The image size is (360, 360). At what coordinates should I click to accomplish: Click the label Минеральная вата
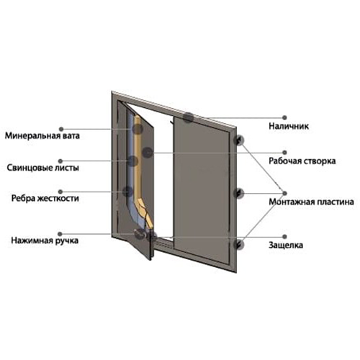42,136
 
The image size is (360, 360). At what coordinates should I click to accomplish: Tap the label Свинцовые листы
42,168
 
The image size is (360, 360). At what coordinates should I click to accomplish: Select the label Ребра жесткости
45,199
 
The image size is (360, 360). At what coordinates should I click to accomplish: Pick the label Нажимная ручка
45,240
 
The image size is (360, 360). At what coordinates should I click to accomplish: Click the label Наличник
289,126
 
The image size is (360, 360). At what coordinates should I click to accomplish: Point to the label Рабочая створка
302,161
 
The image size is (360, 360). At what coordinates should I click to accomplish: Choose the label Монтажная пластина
311,202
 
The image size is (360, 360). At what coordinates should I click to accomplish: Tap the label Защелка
286,246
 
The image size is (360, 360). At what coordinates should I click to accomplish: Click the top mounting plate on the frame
238,141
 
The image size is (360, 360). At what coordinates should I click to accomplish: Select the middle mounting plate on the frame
238,194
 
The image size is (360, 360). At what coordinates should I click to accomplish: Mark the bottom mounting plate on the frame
238,245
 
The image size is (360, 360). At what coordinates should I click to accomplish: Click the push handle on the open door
140,233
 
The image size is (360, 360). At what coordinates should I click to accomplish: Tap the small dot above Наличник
284,117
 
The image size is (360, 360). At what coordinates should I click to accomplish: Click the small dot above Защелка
284,237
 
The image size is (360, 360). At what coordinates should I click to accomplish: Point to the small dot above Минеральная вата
61,129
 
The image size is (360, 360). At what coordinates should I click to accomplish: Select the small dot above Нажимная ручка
60,234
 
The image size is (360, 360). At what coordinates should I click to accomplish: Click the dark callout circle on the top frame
189,117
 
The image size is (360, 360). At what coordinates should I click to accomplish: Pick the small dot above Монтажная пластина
284,193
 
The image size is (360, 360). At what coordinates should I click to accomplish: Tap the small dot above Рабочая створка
284,153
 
